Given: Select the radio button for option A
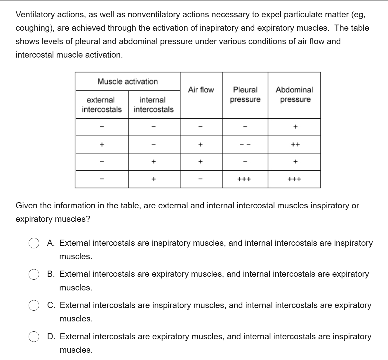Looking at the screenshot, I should pyautogui.click(x=34, y=243).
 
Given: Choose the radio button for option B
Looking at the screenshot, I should pyautogui.click(x=34, y=274).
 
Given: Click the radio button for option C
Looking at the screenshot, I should pyautogui.click(x=34, y=306).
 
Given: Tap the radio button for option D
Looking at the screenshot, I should pyautogui.click(x=34, y=337).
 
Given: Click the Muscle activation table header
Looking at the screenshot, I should pyautogui.click(x=128, y=82).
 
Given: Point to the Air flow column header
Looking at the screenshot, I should pyautogui.click(x=201, y=90).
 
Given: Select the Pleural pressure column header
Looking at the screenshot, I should pyautogui.click(x=245, y=94).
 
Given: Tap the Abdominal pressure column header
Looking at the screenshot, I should pyautogui.click(x=294, y=94).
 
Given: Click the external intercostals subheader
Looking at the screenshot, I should pyautogui.click(x=102, y=105).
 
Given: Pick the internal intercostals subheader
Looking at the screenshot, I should pyautogui.click(x=154, y=105).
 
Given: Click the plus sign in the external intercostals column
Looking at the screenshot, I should pyautogui.click(x=102, y=144).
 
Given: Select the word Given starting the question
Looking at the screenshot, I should pyautogui.click(x=27, y=206).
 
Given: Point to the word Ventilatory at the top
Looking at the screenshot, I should pyautogui.click(x=35, y=15).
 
